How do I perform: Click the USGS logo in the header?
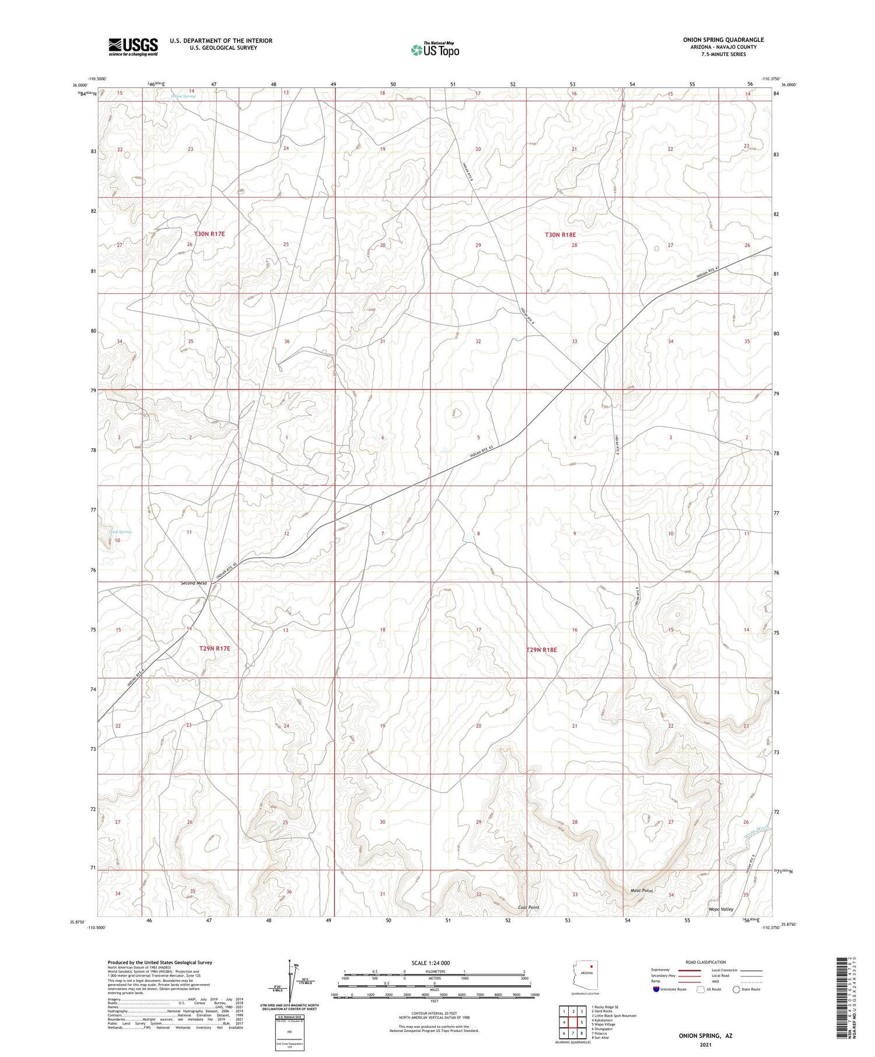coord(133,47)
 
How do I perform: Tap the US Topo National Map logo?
coord(435,50)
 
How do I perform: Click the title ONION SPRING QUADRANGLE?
coord(723,40)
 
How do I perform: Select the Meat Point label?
coord(642,891)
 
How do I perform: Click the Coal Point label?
coord(528,908)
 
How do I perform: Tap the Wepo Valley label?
coord(721,909)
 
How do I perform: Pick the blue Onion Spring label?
coord(183,96)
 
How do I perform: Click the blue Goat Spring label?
coord(120,532)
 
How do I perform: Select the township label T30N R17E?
coord(209,234)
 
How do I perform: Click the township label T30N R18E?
coord(560,235)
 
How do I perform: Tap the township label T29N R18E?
coord(541,649)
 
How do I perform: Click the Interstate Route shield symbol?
coord(656,989)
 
